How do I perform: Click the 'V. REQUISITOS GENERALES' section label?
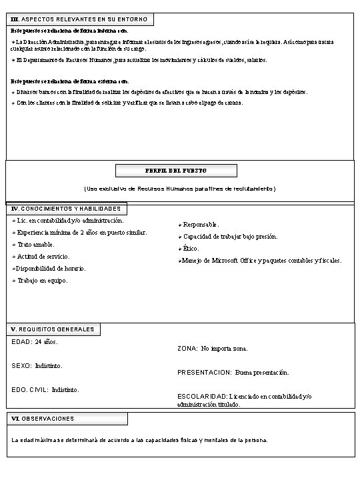[x=53, y=329]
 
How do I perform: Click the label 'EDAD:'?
[x=22, y=342]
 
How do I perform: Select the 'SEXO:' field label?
[x=23, y=365]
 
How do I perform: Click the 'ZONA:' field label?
[x=188, y=349]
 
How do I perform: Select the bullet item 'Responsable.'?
[x=201, y=225]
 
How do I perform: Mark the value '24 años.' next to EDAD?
[x=46, y=342]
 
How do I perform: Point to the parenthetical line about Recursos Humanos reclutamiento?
[x=180, y=189]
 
